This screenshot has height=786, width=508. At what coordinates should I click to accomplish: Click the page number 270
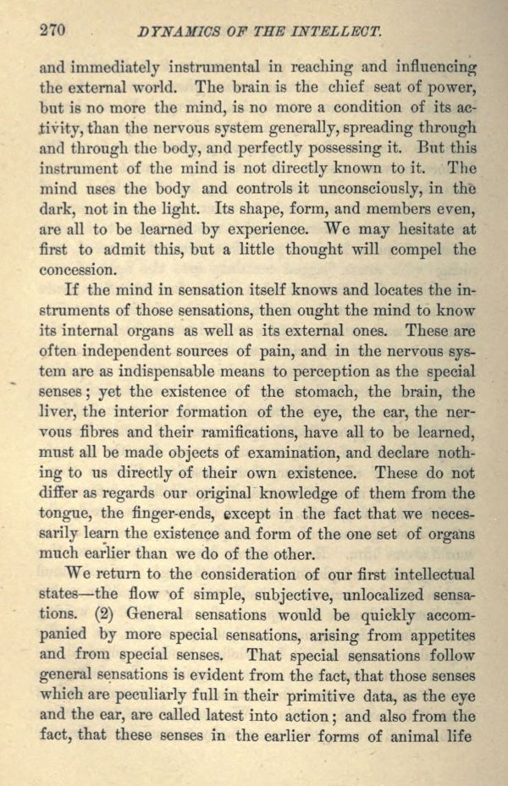pyautogui.click(x=52, y=31)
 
